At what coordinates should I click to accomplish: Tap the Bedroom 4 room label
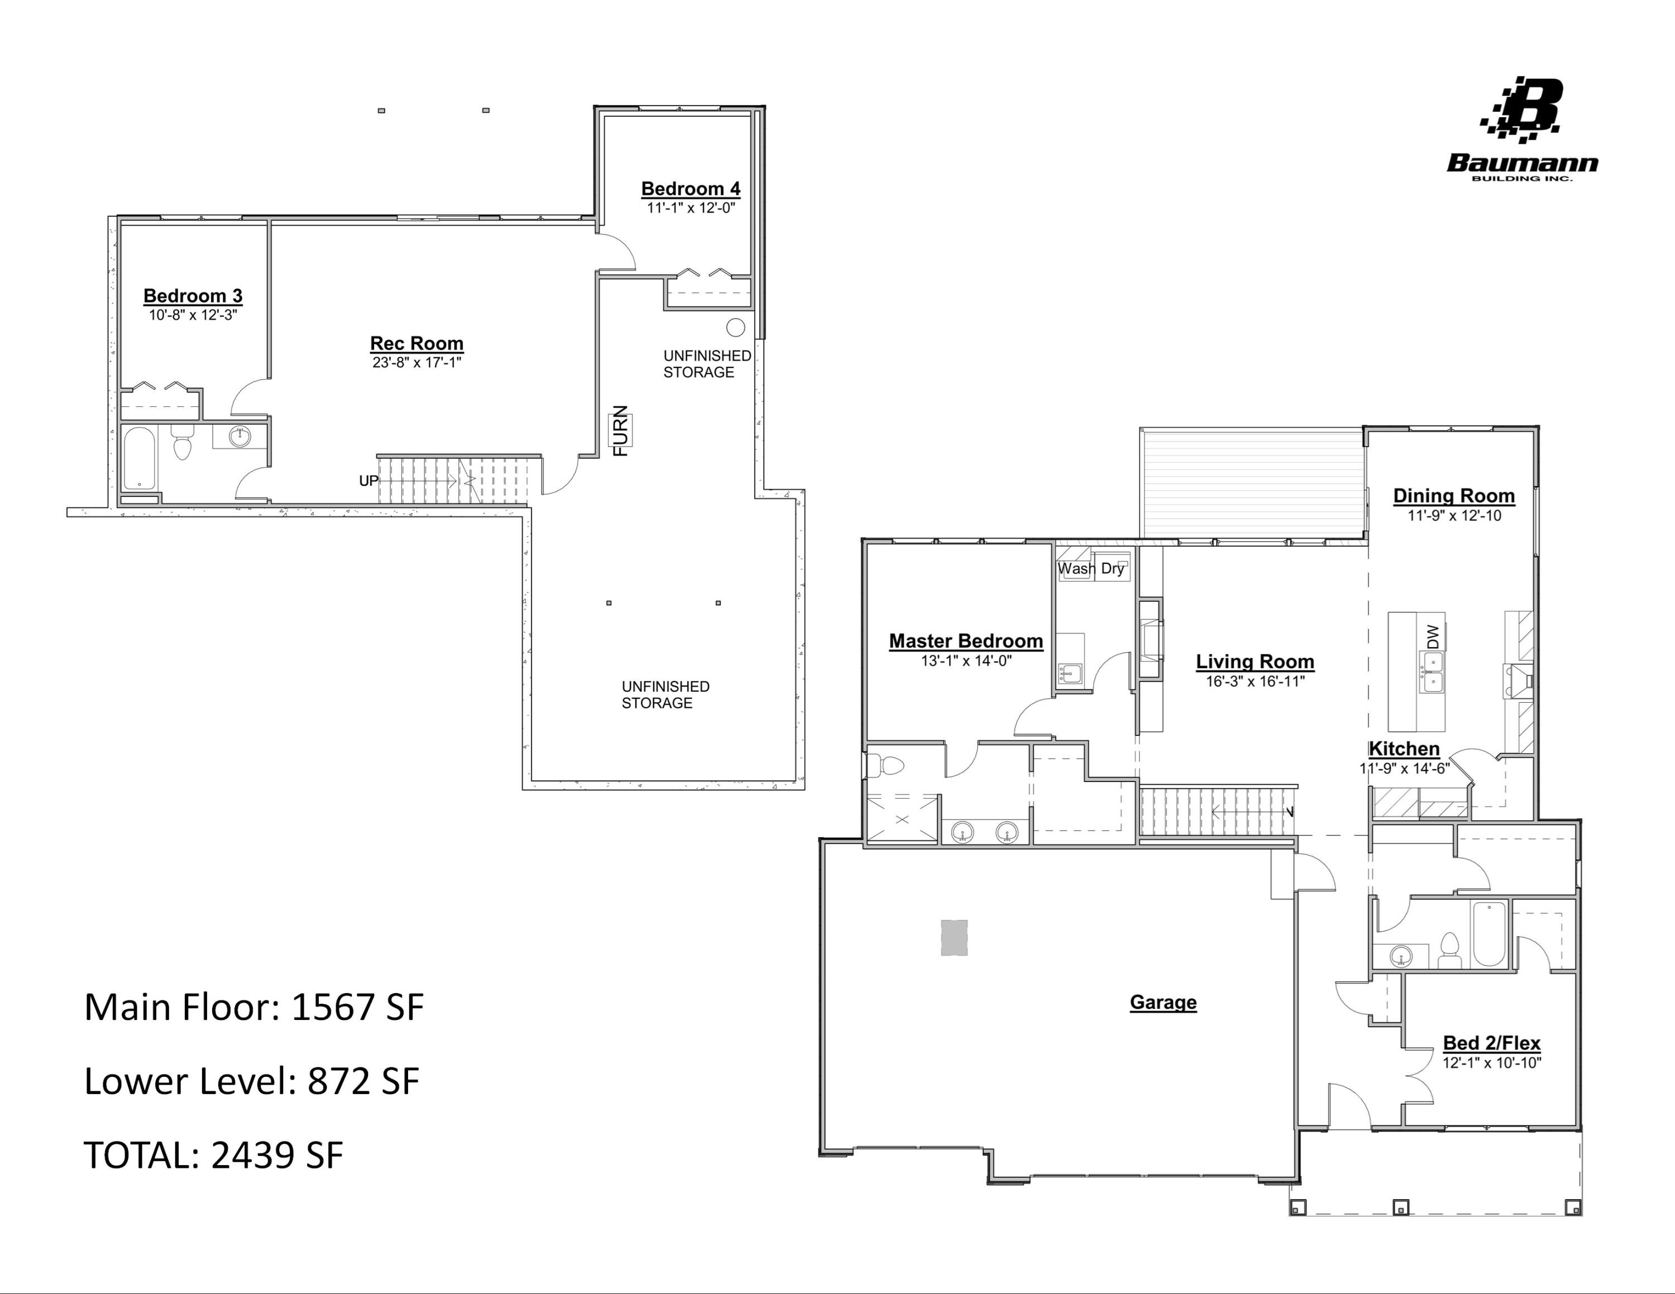point(690,189)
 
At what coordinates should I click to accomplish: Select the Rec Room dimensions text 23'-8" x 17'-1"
point(417,363)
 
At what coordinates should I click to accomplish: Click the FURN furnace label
point(620,430)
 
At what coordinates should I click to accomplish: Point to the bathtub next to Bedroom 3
point(140,458)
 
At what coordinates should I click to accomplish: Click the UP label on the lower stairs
point(368,481)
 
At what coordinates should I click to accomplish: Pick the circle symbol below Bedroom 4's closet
point(735,327)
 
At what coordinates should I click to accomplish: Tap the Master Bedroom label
point(965,641)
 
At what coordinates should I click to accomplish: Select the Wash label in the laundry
point(1076,569)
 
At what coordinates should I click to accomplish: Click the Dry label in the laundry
point(1112,569)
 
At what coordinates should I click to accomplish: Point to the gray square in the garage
point(954,937)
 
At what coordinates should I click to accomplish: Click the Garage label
point(1162,1002)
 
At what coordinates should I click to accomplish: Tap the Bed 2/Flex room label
point(1491,1043)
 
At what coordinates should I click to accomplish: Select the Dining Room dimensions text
point(1453,516)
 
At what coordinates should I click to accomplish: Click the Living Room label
point(1255,662)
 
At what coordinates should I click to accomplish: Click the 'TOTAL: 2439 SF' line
point(213,1154)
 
